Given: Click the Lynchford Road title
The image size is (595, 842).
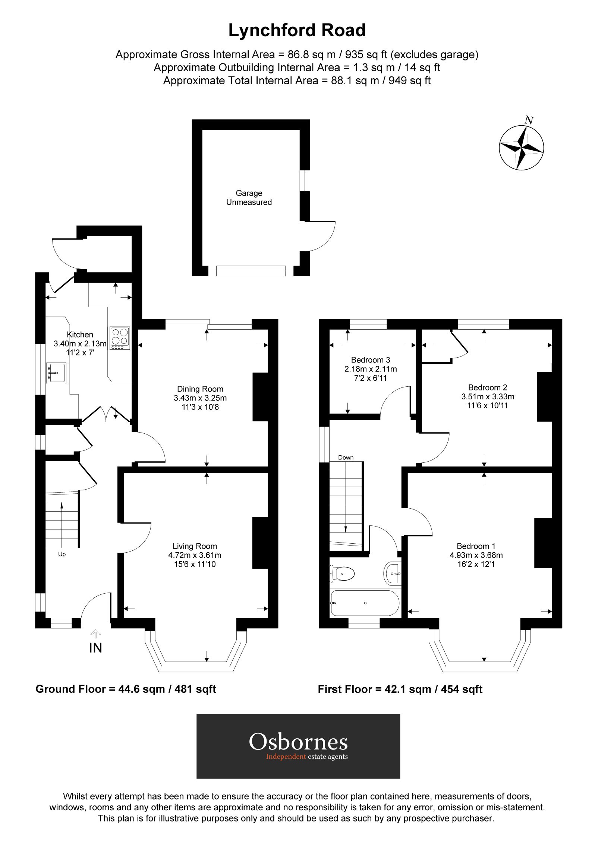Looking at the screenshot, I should [297, 31].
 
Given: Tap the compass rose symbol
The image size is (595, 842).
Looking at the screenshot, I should [521, 148].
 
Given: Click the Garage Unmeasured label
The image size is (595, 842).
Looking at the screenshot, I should [249, 198].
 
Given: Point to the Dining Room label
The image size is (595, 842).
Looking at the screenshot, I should [200, 389].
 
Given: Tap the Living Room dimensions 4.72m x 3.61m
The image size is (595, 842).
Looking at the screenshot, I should [195, 555].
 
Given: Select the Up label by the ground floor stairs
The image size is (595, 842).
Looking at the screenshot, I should [62, 554].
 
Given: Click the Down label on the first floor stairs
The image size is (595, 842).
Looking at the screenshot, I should [346, 458].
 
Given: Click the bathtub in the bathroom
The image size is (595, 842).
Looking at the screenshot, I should [365, 603].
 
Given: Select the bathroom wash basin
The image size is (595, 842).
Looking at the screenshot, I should [393, 573].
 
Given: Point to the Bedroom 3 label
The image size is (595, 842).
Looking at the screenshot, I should [370, 360].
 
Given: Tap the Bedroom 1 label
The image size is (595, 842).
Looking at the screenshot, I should [476, 546].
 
